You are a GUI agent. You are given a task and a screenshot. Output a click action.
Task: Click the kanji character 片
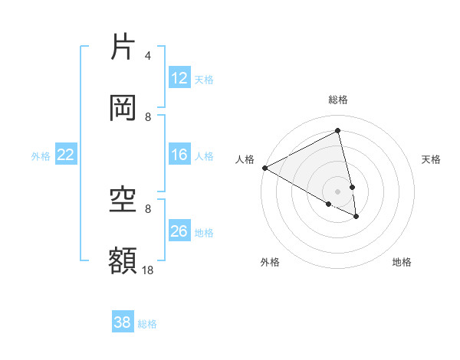coord(123,47)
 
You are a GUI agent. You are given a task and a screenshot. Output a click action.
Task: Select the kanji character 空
coord(123,200)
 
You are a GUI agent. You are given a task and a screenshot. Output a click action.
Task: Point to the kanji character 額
coord(123,261)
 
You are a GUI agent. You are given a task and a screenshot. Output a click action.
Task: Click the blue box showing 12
coord(179,78)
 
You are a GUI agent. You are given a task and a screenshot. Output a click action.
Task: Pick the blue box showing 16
coord(179,155)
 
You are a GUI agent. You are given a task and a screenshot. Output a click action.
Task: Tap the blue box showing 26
coord(179,231)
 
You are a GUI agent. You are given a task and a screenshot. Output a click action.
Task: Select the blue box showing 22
coord(66,155)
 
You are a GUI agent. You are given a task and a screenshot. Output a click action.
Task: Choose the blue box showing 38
coord(123,322)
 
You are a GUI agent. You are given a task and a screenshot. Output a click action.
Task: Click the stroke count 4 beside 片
coord(148,56)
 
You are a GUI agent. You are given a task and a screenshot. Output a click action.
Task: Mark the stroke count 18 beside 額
coord(148,270)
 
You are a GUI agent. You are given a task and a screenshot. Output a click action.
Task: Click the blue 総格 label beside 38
coord(147,324)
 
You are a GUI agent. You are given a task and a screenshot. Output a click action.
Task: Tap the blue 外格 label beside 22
coord(41,156)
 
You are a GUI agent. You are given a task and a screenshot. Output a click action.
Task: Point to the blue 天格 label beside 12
coord(204,80)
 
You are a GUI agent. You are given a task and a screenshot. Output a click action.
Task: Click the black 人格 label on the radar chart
coord(245,159)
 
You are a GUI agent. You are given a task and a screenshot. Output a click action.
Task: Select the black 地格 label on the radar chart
coord(402,262)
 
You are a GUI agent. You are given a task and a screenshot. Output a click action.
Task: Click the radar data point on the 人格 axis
coord(264,168)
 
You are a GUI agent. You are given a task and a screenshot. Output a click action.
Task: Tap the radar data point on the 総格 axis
coord(338,131)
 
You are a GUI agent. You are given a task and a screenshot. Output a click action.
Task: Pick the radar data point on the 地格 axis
coord(356,217)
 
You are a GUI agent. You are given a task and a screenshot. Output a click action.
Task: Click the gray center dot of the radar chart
coord(338,190)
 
